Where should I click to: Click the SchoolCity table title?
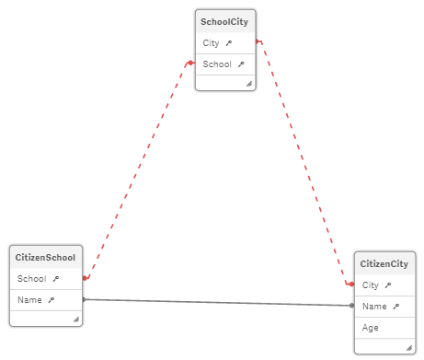pos(224,20)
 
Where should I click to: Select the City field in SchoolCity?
pos(212,43)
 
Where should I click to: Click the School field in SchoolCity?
pos(217,64)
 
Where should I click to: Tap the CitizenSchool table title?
pos(44,257)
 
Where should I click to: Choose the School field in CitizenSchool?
pos(31,278)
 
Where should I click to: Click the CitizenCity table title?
pos(384,264)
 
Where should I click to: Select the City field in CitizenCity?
pos(371,285)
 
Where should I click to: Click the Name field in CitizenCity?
pos(374,306)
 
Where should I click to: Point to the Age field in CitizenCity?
pos(370,327)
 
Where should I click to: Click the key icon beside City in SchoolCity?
pos(229,43)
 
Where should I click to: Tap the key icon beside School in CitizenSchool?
pos(55,278)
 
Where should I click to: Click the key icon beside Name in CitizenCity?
pos(395,306)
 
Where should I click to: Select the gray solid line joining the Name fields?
pos(216,302)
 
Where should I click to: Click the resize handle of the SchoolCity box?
pos(248,84)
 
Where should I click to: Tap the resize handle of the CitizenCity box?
pos(408,347)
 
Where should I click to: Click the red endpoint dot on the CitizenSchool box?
pos(86,277)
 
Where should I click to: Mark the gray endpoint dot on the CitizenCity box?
pos(351,305)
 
